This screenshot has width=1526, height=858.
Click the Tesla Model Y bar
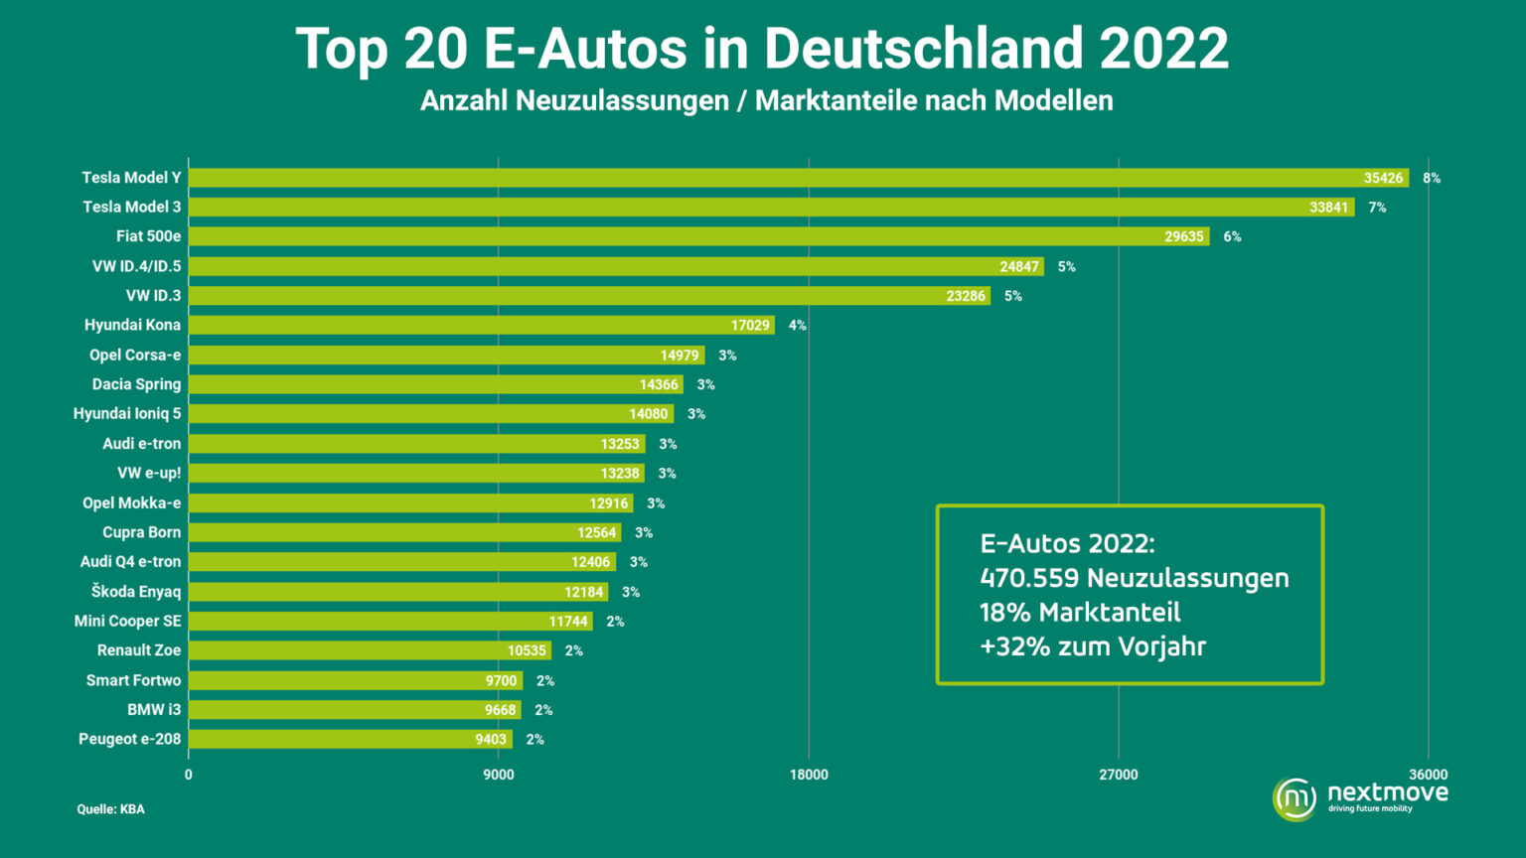coord(795,178)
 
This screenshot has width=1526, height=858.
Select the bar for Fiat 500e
coord(695,236)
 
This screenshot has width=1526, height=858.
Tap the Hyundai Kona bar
coord(477,326)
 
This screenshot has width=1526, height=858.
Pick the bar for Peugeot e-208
coord(348,740)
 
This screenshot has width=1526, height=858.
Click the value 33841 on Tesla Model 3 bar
coord(1328,208)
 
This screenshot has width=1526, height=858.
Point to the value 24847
coord(1019,267)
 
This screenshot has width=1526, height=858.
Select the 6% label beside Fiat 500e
coord(1232,236)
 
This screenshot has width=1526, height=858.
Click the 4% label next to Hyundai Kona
coord(797,326)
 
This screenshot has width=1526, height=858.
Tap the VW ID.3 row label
coord(153,296)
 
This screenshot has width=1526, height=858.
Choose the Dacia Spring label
coord(136,384)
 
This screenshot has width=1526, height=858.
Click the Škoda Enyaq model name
coord(136,592)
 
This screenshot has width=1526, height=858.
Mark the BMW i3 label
coord(154,710)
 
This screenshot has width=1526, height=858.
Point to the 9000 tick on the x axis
coord(499,775)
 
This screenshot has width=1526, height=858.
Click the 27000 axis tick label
coord(1119,775)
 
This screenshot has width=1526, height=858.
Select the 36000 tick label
coord(1429,775)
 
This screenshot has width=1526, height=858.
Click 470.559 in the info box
coord(1028,578)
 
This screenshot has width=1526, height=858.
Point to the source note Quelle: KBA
coord(110,809)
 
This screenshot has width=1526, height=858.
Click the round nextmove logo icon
coord(1295,798)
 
